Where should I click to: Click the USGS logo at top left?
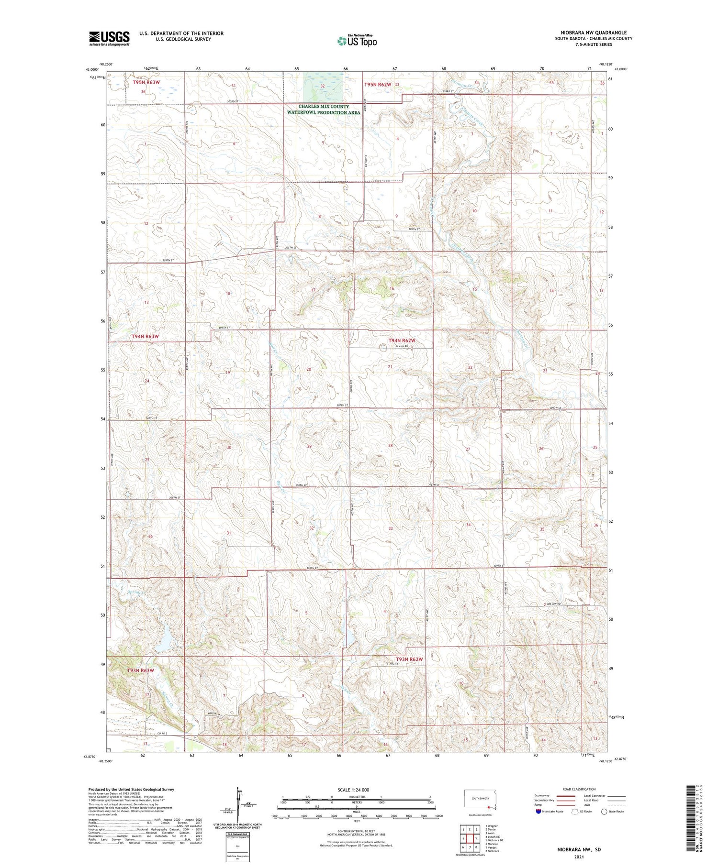[109, 38]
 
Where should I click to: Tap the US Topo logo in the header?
[357, 41]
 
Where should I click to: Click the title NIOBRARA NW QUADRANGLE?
[593, 33]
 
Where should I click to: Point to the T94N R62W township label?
[401, 340]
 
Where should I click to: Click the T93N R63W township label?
[140, 670]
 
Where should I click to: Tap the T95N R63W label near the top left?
[146, 82]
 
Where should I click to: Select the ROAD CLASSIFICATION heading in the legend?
[579, 789]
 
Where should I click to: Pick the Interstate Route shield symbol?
[539, 811]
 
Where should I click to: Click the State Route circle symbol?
[605, 811]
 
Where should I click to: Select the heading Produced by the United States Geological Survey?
[131, 790]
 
